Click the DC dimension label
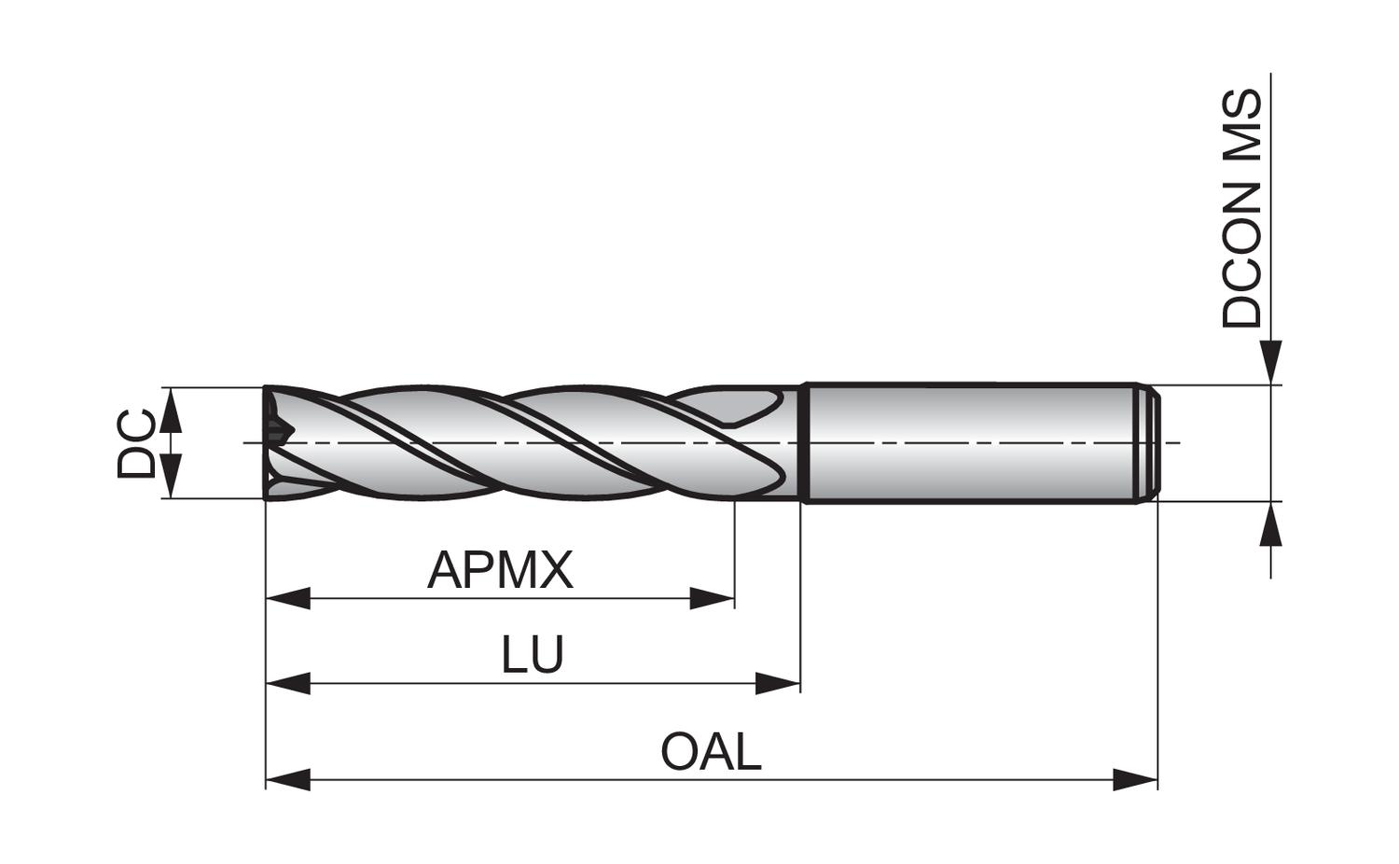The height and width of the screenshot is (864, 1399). [136, 443]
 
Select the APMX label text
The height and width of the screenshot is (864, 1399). [500, 570]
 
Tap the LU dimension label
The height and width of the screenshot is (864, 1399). [533, 655]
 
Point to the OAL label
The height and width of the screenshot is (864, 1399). [711, 752]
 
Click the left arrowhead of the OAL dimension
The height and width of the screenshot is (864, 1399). [287, 778]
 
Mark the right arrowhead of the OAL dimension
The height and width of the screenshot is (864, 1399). [1135, 778]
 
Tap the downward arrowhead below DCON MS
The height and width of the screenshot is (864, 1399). [1270, 362]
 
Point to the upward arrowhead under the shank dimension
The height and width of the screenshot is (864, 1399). [1270, 524]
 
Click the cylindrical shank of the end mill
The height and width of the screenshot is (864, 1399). [970, 442]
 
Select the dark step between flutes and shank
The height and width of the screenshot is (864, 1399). [804, 442]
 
